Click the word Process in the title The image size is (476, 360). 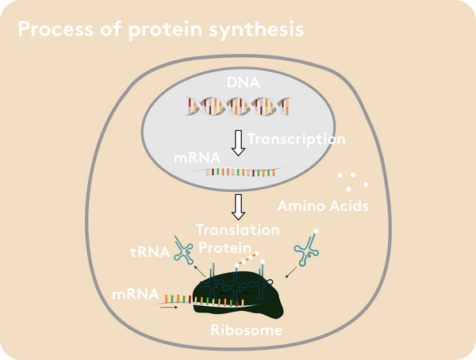tap(56, 29)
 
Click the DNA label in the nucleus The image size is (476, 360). tap(244, 82)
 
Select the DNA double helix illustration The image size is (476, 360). tap(238, 106)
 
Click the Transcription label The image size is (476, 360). tap(297, 140)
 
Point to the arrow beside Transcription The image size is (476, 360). tap(239, 143)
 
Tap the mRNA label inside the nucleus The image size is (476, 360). tap(197, 158)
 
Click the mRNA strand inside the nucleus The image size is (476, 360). tap(240, 172)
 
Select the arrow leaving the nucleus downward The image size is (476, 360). tap(239, 207)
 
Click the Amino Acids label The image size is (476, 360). tap(323, 206)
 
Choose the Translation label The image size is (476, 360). tap(238, 230)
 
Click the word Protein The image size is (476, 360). tap(225, 247)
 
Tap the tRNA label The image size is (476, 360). tap(150, 252)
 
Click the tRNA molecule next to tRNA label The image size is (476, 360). tap(184, 250)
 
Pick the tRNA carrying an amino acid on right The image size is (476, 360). tap(307, 247)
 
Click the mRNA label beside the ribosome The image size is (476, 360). tap(136, 294)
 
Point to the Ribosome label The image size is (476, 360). tap(246, 330)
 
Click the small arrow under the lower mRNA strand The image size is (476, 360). tap(169, 307)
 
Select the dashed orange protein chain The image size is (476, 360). tap(246, 259)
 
